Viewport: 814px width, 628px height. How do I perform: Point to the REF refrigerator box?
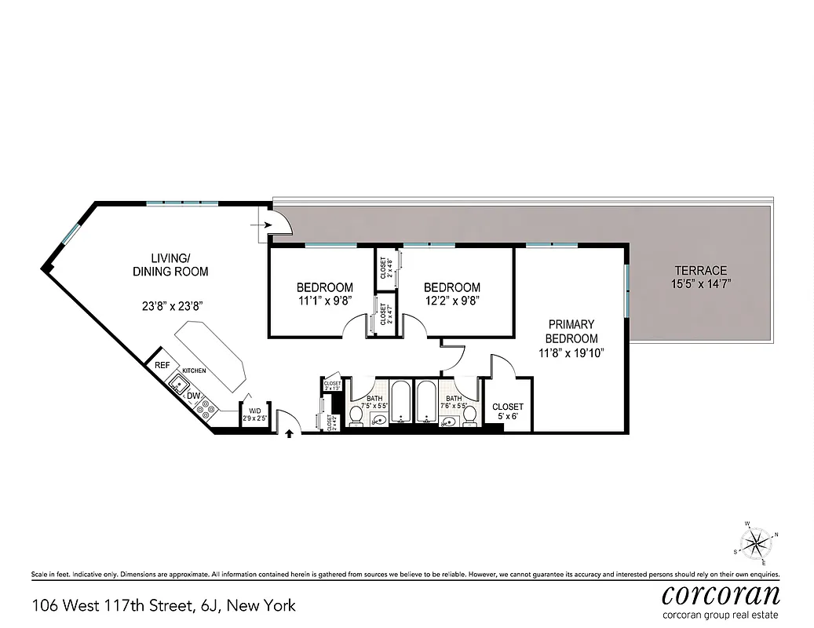pos(162,365)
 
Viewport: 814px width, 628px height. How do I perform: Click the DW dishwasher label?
pos(192,396)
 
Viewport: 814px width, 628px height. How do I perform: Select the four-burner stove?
pos(207,407)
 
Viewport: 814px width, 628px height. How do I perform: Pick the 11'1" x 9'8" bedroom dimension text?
pos(324,300)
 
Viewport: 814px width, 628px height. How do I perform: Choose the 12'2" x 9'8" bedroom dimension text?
pos(451,300)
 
